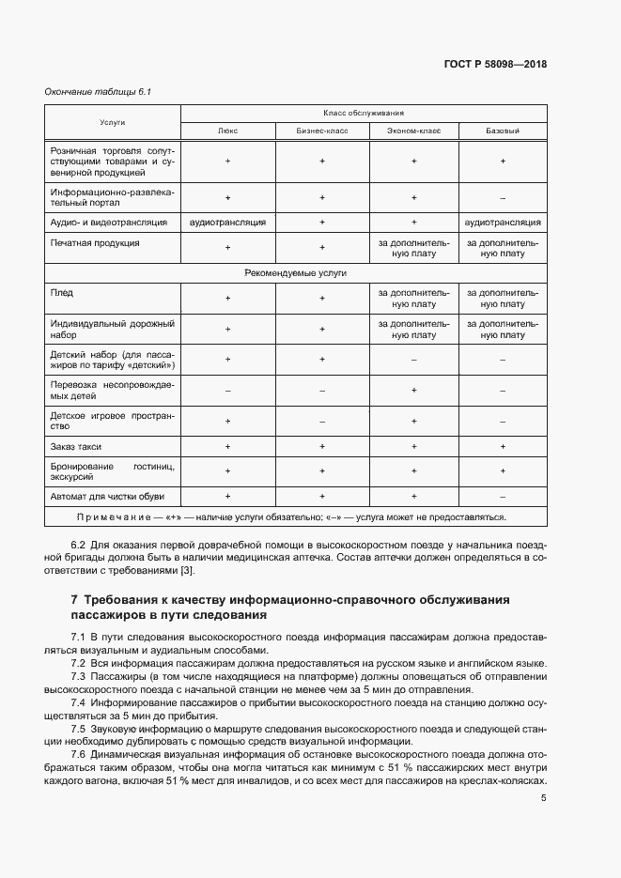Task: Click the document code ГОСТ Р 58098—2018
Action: tap(495, 64)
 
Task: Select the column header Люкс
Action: tap(227, 131)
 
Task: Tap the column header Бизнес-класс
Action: tap(321, 131)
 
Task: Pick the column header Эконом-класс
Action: tap(413, 131)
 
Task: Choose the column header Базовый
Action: tap(503, 131)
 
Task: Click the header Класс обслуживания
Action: tap(364, 112)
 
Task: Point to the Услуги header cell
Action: tap(113, 122)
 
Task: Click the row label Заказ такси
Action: tap(76, 446)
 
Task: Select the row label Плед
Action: tap(60, 293)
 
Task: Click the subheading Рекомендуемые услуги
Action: tap(296, 272)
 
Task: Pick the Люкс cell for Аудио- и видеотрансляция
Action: tap(227, 223)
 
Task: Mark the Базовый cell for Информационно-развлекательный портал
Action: tap(503, 197)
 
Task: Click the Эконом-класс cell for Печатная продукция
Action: tap(413, 248)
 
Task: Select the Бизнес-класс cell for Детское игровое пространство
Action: tap(321, 421)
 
